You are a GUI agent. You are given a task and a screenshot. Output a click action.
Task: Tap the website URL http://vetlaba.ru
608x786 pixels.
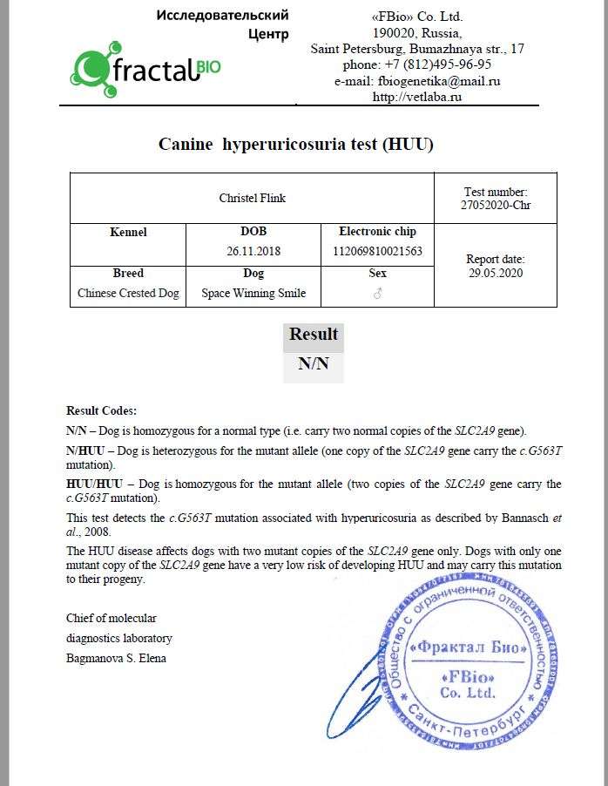pyautogui.click(x=417, y=97)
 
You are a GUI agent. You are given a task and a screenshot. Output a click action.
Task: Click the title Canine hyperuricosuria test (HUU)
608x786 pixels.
pyautogui.click(x=295, y=145)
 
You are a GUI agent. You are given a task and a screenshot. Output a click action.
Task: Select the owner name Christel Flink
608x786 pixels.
pyautogui.click(x=252, y=198)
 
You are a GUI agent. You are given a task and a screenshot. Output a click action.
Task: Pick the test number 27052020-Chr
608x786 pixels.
pyautogui.click(x=496, y=206)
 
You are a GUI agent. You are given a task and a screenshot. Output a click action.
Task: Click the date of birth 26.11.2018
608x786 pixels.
pyautogui.click(x=253, y=251)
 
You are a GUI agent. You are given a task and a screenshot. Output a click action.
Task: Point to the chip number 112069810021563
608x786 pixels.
pyautogui.click(x=377, y=251)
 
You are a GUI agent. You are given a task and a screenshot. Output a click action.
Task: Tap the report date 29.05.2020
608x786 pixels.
pyautogui.click(x=496, y=273)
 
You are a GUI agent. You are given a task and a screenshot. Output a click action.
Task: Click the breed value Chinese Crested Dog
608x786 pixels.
pyautogui.click(x=128, y=293)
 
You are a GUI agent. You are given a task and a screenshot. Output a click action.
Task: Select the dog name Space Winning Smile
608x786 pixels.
pyautogui.click(x=253, y=293)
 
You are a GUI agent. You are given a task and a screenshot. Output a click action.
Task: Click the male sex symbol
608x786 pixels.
pyautogui.click(x=377, y=294)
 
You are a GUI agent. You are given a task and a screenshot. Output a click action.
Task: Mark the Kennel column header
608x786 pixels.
pyautogui.click(x=128, y=232)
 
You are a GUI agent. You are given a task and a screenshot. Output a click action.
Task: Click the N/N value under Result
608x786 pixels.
pyautogui.click(x=314, y=364)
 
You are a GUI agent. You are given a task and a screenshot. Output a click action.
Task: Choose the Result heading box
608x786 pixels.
pyautogui.click(x=314, y=335)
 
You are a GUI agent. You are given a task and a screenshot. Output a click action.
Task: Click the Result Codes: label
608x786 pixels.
pyautogui.click(x=101, y=410)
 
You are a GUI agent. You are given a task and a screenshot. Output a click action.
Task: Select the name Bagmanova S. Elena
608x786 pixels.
pyautogui.click(x=116, y=658)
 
